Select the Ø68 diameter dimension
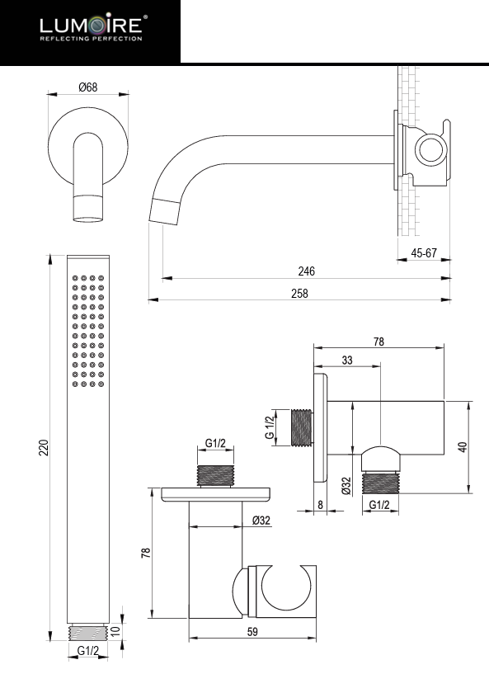pyautogui.click(x=88, y=88)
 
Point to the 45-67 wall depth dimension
pyautogui.click(x=424, y=253)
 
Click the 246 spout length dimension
pyautogui.click(x=307, y=271)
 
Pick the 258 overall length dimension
pyautogui.click(x=301, y=294)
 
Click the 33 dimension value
pyautogui.click(x=346, y=360)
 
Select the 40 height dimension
pyautogui.click(x=462, y=445)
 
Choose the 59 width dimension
pyautogui.click(x=253, y=632)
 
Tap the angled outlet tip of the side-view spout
pyautogui.click(x=165, y=210)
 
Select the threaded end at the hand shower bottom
pyautogui.click(x=88, y=632)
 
